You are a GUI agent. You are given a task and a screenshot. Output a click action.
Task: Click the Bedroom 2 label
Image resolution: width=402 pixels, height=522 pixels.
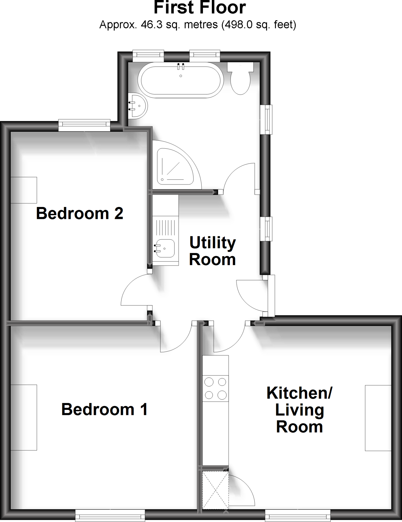(x=80, y=213)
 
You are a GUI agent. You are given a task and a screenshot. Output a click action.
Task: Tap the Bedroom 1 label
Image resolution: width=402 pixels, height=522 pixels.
(x=105, y=410)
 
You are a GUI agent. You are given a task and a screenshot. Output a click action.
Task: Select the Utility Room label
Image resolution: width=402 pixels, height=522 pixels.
(x=212, y=251)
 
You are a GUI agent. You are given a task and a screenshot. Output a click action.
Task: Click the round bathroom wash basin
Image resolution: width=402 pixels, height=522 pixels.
(x=138, y=106)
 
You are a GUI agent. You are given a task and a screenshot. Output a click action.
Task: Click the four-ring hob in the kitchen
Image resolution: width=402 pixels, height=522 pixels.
(x=215, y=388)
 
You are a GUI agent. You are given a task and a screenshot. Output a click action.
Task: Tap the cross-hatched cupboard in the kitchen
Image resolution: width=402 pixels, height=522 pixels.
(x=215, y=490)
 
